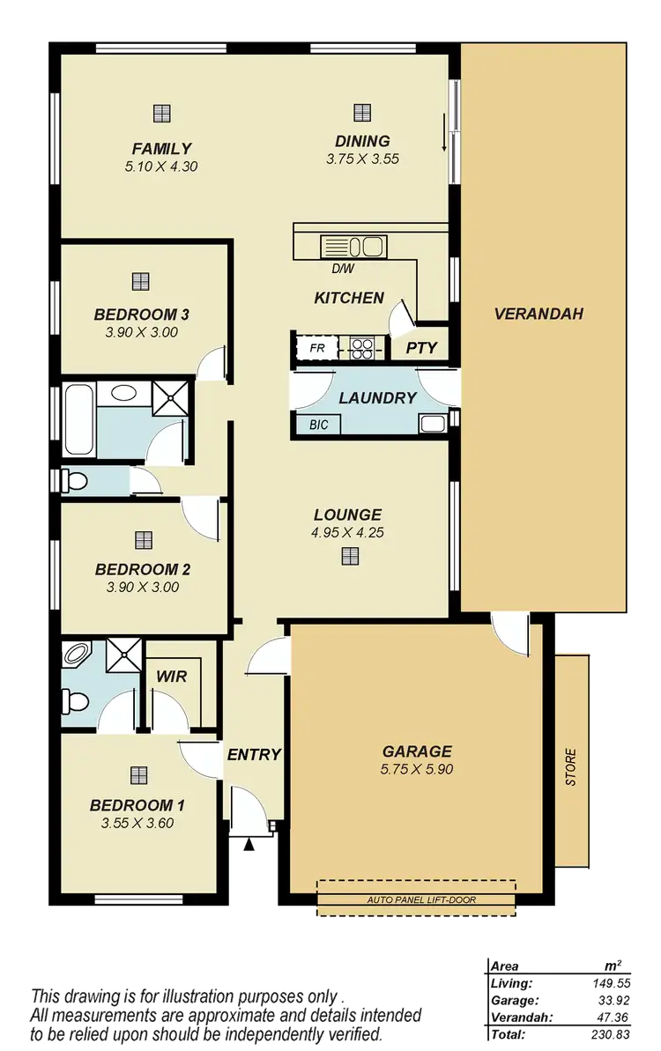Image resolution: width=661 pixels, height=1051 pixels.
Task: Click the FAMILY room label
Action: [161, 148]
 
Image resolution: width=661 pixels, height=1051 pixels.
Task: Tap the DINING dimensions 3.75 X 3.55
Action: [362, 159]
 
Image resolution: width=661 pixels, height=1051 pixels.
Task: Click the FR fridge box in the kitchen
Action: [317, 349]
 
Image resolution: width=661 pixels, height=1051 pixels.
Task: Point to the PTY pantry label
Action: [421, 348]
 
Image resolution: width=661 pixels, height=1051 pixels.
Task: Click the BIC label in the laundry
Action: [318, 425]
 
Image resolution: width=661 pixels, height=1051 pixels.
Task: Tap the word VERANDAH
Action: [538, 313]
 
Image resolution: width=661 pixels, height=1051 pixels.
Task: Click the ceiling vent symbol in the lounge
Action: [350, 555]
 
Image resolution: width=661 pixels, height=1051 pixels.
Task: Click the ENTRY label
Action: [254, 754]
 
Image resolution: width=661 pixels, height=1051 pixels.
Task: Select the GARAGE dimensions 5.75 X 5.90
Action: [417, 769]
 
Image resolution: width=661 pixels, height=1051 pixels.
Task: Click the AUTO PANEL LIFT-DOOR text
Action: [416, 901]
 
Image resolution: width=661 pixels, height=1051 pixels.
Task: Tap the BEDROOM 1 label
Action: [137, 804]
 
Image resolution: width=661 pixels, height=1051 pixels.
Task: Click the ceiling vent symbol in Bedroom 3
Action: [139, 281]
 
